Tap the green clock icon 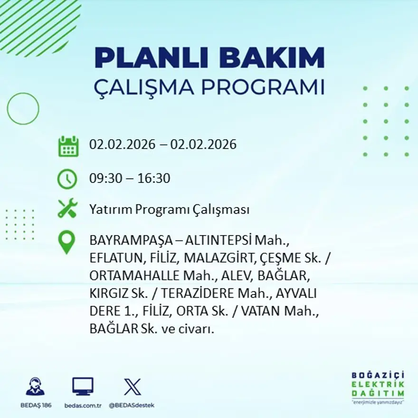[67, 179]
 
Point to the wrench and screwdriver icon [67, 209]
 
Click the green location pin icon [66, 241]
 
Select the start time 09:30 [104, 179]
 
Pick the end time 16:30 [154, 179]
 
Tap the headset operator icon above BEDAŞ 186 [36, 387]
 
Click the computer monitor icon [83, 386]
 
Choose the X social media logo [132, 386]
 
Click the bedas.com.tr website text [83, 405]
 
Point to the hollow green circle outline [23, 109]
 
